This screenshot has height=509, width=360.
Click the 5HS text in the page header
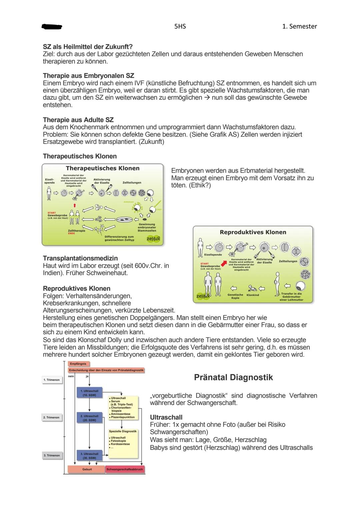click(180, 26)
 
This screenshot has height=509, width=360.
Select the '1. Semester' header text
click(299, 26)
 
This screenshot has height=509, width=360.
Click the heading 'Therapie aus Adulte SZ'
click(78, 120)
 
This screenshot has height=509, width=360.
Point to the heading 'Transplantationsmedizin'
click(80, 258)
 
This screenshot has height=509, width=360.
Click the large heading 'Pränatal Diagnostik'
click(233, 377)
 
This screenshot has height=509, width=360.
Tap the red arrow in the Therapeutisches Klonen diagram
click(75, 206)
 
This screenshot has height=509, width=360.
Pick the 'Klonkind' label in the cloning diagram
click(253, 295)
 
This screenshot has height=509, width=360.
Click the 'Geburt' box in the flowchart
click(87, 469)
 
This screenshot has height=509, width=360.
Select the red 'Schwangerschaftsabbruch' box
click(125, 469)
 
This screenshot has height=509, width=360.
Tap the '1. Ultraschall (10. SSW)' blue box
click(89, 392)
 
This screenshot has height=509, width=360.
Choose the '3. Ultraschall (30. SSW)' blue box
click(89, 455)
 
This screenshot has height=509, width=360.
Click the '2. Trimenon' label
click(52, 417)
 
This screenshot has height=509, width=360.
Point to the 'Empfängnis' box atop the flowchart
click(78, 364)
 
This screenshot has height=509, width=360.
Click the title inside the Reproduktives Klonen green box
click(253, 232)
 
